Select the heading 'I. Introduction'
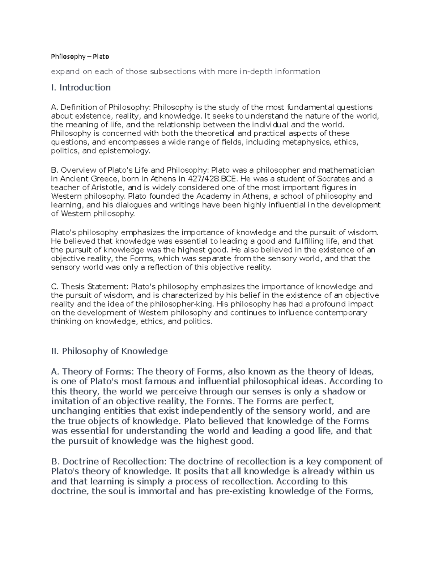[x=81, y=88]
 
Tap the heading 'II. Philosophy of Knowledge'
[x=109, y=351]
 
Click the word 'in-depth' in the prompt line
[x=256, y=72]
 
